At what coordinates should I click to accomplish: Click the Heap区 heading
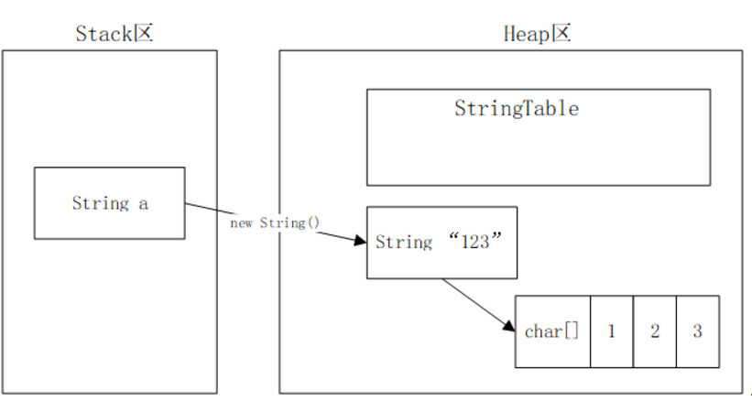(x=538, y=33)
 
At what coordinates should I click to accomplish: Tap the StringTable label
(x=517, y=108)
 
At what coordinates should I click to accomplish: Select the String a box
(x=109, y=202)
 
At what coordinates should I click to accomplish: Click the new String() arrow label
(x=275, y=222)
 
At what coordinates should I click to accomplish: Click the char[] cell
(x=552, y=331)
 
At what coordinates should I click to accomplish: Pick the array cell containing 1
(x=611, y=331)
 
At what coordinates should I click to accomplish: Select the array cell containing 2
(x=654, y=331)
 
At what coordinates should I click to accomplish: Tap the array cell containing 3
(x=697, y=331)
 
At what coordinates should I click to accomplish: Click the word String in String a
(x=101, y=203)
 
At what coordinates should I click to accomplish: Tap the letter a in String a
(x=143, y=203)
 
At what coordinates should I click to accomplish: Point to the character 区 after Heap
(x=561, y=33)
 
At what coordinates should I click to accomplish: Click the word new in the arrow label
(x=242, y=222)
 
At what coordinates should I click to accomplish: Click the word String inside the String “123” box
(x=404, y=243)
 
